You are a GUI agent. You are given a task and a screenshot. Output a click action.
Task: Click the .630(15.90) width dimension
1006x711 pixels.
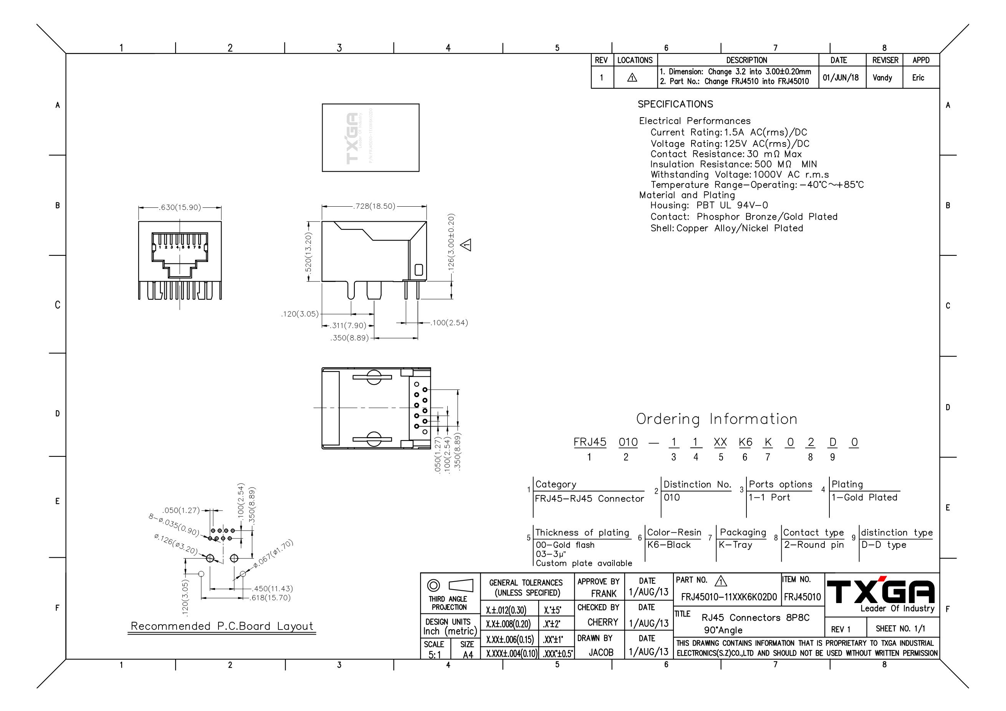pos(180,207)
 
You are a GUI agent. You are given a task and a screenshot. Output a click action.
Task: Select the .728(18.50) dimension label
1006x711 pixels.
pos(374,206)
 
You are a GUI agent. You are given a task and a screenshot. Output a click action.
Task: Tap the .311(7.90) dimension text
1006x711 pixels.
pos(348,326)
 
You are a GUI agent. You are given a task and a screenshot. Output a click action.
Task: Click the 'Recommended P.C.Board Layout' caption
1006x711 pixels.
pos(222,626)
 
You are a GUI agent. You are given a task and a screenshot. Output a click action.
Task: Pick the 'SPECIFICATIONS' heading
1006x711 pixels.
pos(675,104)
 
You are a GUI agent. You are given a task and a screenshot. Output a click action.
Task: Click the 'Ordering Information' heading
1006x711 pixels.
pos(716,419)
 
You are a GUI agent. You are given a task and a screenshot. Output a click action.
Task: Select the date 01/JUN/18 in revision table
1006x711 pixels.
pos(841,78)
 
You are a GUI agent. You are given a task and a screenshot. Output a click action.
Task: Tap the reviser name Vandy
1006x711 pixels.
pos(882,78)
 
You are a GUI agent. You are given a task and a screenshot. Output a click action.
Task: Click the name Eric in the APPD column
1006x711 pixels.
pos(918,78)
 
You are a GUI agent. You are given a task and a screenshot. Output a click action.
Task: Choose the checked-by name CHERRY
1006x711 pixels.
pos(602,622)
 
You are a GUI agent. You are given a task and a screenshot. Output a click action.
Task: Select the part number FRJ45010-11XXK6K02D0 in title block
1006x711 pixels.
pos(729,597)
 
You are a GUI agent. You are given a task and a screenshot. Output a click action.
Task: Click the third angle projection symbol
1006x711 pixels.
pos(450,586)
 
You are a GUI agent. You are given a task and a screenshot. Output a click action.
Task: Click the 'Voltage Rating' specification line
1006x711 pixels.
pos(730,144)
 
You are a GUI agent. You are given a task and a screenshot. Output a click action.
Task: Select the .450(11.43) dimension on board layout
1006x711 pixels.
pos(271,589)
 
